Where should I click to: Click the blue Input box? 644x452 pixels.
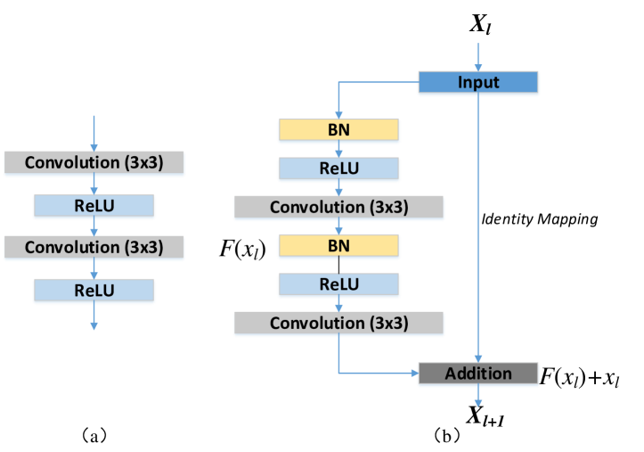tap(478, 83)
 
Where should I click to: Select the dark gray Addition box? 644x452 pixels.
tap(478, 374)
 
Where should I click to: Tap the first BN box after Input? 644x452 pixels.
tap(338, 130)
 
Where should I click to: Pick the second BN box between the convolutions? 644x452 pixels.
tap(338, 246)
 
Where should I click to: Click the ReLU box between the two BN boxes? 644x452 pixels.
tap(338, 169)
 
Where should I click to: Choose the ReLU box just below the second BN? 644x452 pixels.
tap(338, 284)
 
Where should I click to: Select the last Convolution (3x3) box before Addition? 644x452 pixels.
tap(338, 323)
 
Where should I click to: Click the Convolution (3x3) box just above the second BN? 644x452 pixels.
tap(338, 208)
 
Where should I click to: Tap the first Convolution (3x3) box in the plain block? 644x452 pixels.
tap(94, 163)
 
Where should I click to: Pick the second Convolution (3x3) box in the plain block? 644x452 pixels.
tap(94, 247)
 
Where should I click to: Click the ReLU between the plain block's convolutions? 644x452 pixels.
tap(94, 206)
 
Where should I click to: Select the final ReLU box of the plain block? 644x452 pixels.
tap(94, 291)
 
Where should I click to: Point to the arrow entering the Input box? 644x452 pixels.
tap(478, 57)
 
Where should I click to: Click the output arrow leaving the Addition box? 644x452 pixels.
tap(478, 397)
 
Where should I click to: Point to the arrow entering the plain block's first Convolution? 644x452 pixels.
tap(94, 134)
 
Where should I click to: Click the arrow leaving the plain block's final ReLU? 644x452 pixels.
tap(94, 317)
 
